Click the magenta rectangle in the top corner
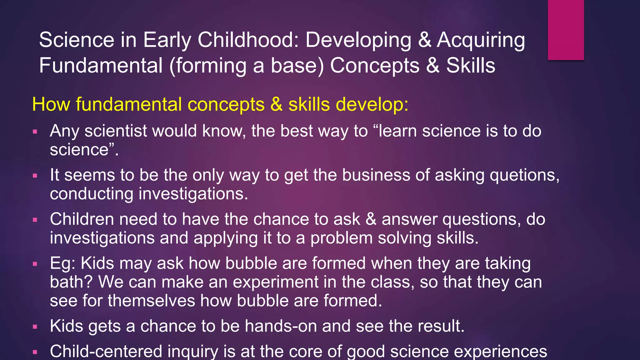point(566,30)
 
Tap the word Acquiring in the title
point(481,41)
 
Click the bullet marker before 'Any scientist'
point(35,132)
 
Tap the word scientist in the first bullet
point(116,131)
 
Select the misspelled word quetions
point(524,175)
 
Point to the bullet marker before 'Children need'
point(35,220)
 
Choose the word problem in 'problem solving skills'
point(341,238)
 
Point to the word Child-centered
point(106,351)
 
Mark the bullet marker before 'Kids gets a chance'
point(35,327)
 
